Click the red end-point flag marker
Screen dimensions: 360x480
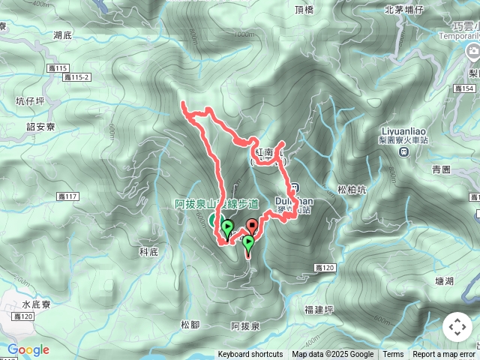(x=252, y=224)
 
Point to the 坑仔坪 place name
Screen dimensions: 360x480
(x=31, y=99)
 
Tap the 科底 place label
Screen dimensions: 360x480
(x=149, y=251)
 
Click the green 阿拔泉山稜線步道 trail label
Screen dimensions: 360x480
(x=217, y=203)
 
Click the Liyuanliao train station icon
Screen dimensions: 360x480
(x=403, y=151)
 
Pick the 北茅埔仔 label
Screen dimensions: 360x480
(x=404, y=10)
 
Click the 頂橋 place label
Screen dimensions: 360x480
(x=304, y=10)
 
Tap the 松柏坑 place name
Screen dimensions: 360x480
(x=352, y=190)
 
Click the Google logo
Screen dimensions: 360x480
(x=28, y=350)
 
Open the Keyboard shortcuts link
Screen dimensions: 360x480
(x=250, y=355)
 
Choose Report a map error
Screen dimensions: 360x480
(x=444, y=355)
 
